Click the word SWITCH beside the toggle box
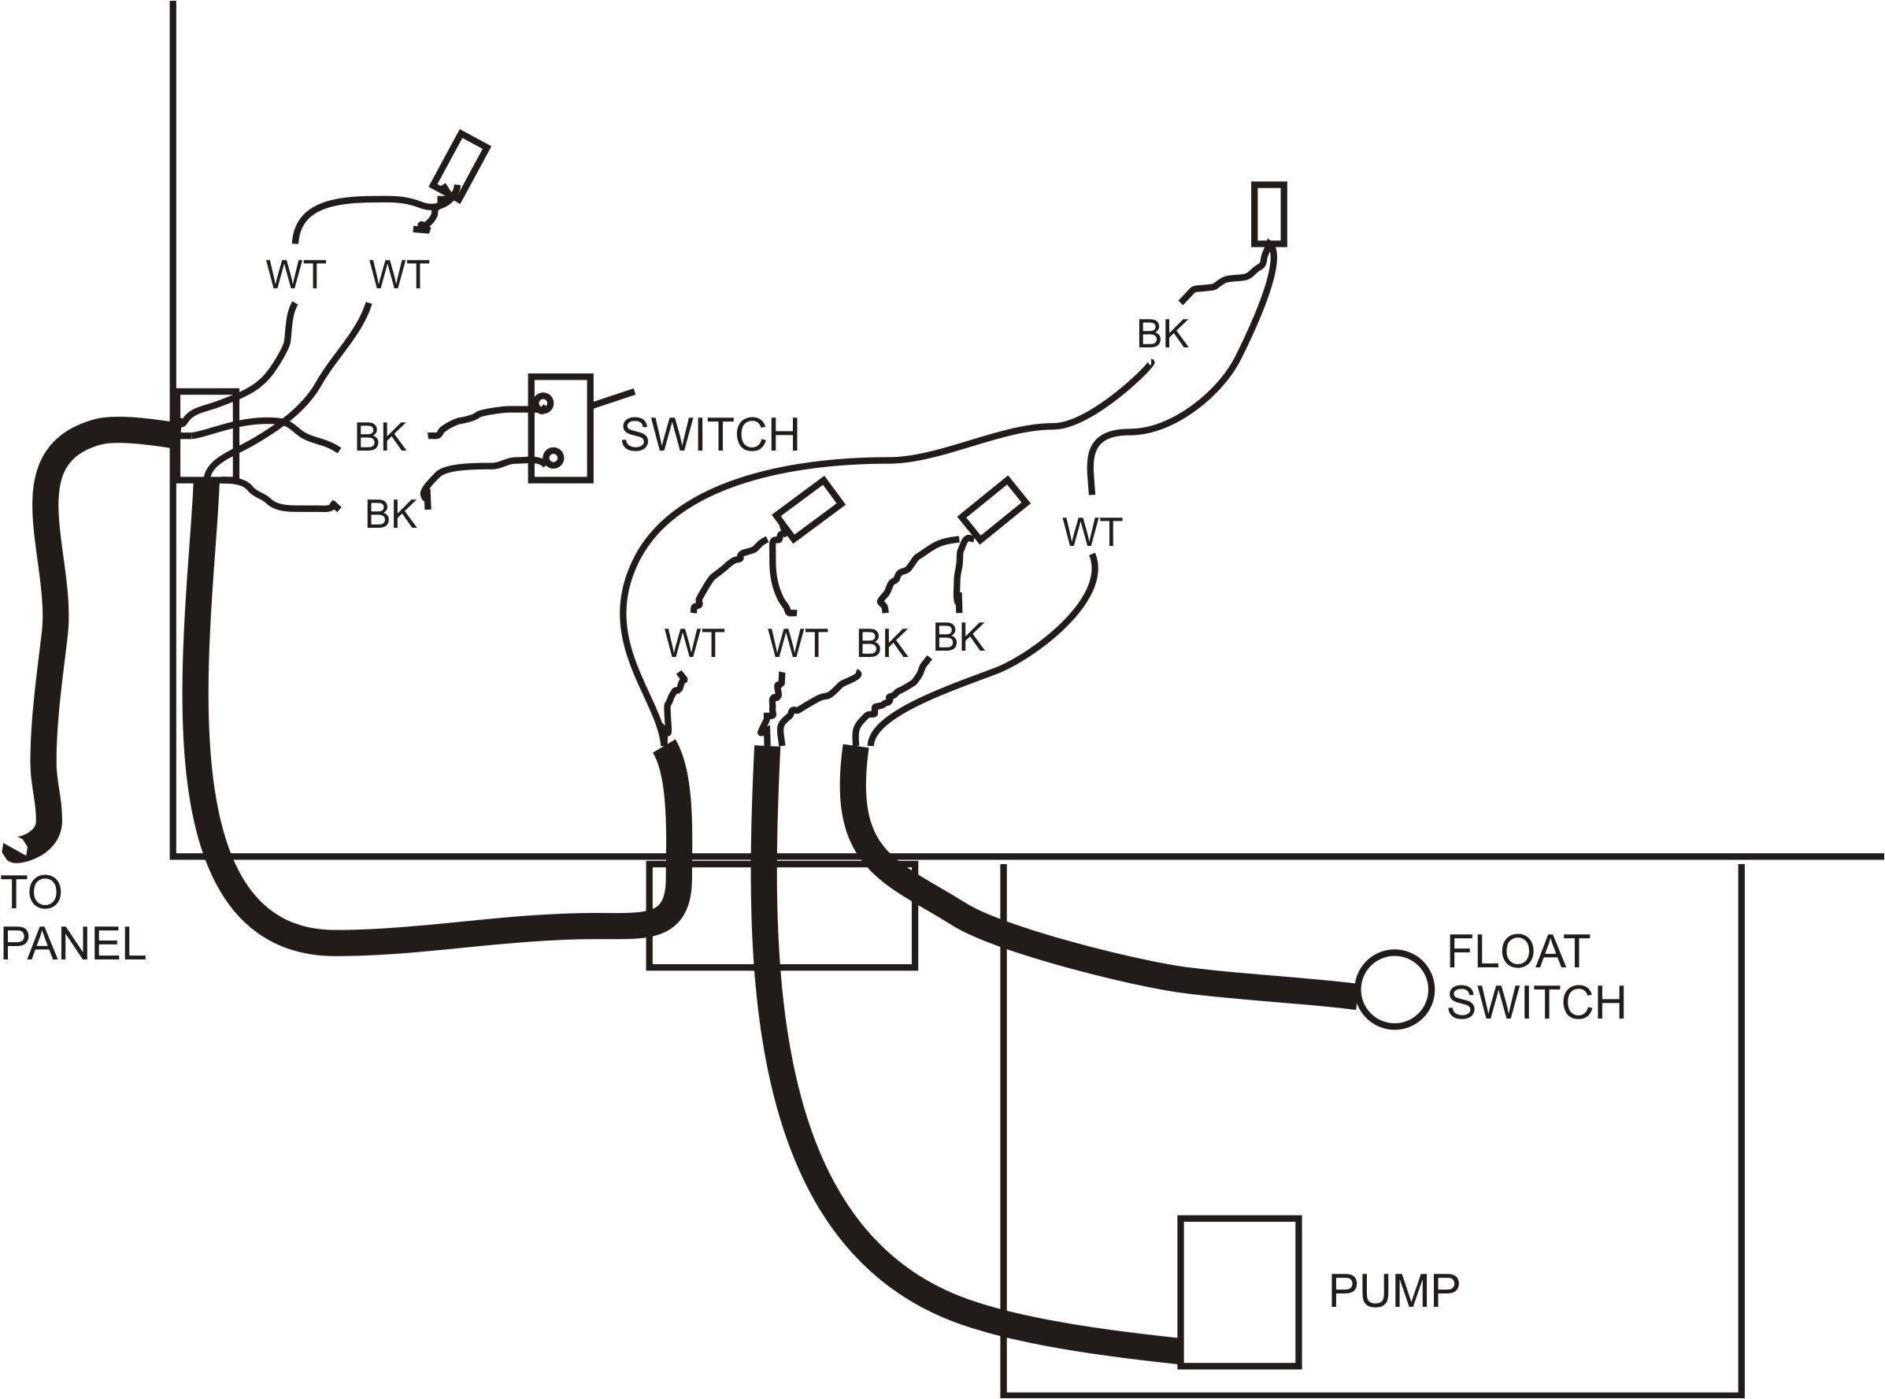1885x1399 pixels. point(709,435)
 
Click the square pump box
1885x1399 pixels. point(1239,1291)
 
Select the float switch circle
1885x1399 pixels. point(1394,989)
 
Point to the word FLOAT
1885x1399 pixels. point(1517,952)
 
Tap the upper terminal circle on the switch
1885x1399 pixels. point(543,403)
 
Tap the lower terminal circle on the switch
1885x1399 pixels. point(553,458)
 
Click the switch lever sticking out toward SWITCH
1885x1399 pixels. point(613,399)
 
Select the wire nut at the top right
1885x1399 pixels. point(1268,214)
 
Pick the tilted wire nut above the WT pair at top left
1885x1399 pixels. point(460,167)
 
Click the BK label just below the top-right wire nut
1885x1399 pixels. point(1161,335)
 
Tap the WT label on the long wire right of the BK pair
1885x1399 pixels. point(1091,533)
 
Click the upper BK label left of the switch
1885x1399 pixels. point(380,437)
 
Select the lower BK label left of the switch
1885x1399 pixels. point(391,514)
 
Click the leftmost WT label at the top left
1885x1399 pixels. point(295,275)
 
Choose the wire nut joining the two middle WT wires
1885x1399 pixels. point(809,508)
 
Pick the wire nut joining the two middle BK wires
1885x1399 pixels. point(993,509)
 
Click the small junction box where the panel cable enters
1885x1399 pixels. point(206,436)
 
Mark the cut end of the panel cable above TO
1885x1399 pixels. point(15,849)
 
